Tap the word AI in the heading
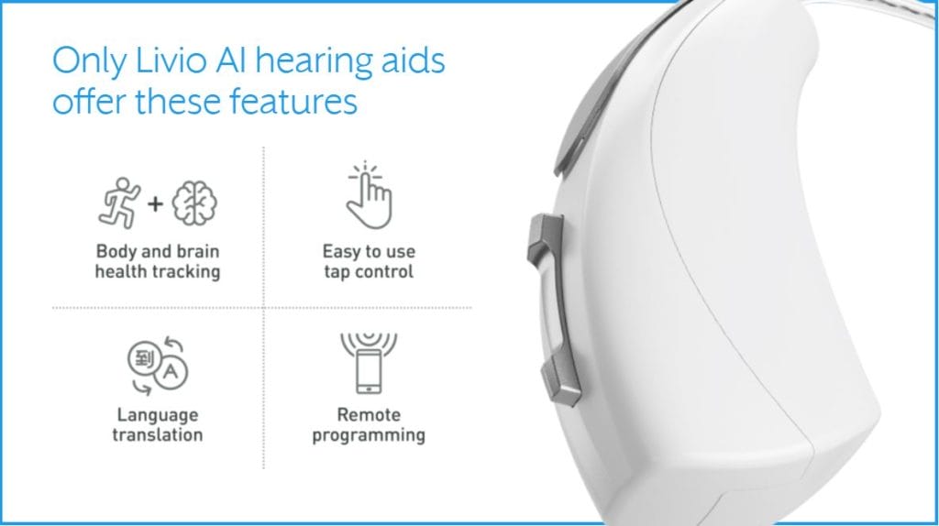(x=230, y=60)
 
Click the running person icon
(x=119, y=203)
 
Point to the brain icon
(x=194, y=203)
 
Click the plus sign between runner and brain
(x=155, y=204)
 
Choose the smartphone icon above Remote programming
(x=369, y=371)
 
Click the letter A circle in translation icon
(x=171, y=372)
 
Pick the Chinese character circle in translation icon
(x=144, y=359)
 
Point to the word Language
(x=158, y=415)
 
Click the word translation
(x=158, y=434)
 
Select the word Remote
(x=369, y=414)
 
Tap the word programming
(x=369, y=435)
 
